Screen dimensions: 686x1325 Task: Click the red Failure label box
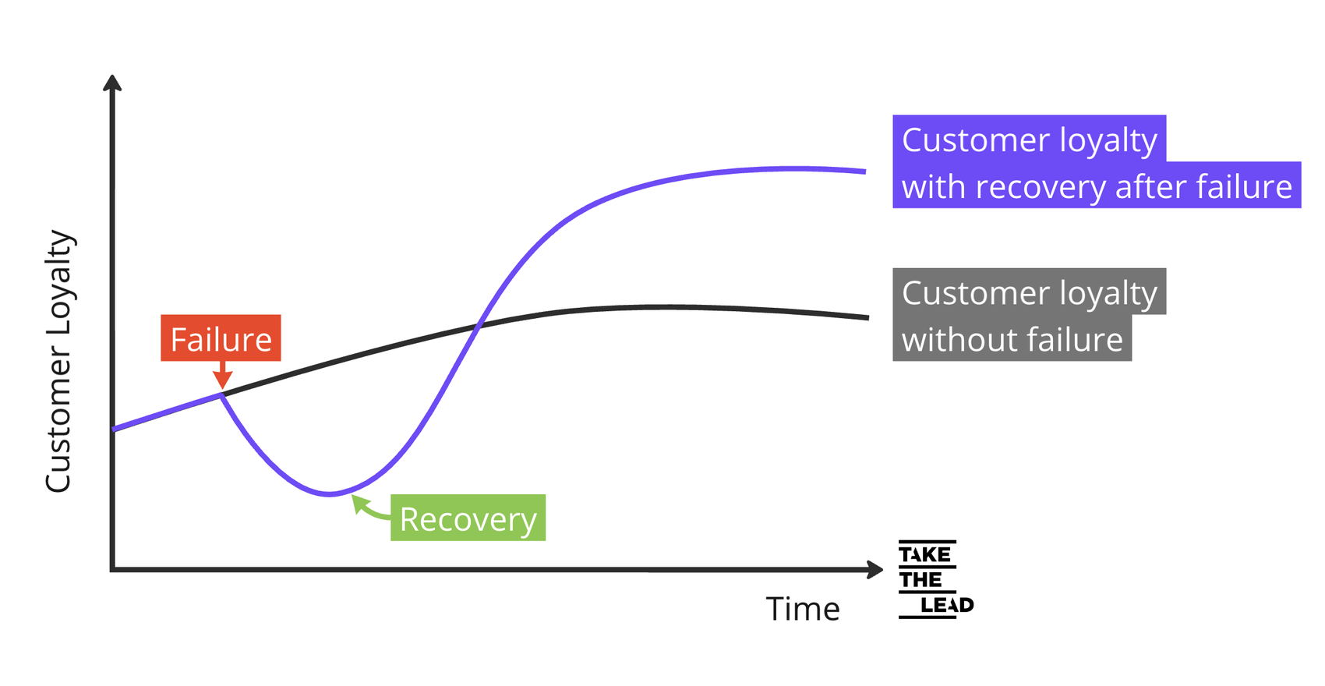click(221, 338)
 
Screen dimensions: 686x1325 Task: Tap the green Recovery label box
click(468, 518)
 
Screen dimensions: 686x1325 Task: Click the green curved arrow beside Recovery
click(368, 508)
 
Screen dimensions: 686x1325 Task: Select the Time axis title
click(802, 609)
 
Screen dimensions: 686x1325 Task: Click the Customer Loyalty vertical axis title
click(58, 361)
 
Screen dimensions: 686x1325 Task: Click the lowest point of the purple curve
click(330, 493)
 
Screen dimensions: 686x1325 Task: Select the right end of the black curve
click(867, 317)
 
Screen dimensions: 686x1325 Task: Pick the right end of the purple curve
click(864, 171)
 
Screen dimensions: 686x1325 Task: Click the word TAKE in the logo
click(925, 555)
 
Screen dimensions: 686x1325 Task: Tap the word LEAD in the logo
click(946, 605)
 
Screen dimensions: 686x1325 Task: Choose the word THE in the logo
click(920, 580)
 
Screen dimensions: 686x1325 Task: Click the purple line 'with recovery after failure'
click(1096, 186)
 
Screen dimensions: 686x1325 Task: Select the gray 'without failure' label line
click(1012, 339)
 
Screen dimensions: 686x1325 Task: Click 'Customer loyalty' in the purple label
click(1029, 140)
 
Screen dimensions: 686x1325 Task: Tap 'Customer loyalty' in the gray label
click(1029, 292)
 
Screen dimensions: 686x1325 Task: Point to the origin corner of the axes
click(113, 570)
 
